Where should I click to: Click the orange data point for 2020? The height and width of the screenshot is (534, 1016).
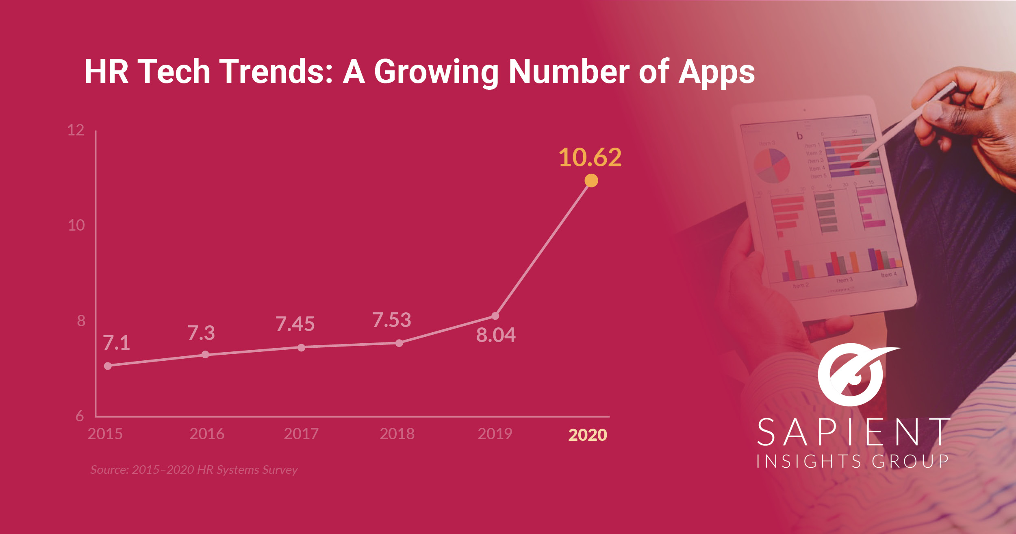[x=591, y=180]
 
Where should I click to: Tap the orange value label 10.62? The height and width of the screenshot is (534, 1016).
[x=590, y=157]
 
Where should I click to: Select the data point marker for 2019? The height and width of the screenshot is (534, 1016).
[x=495, y=316]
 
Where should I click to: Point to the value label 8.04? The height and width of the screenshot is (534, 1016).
[x=496, y=335]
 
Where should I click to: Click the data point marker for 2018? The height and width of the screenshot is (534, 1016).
[x=399, y=343]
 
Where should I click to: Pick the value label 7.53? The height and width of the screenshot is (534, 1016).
[x=392, y=320]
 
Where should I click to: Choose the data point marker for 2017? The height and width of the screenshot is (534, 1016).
[x=301, y=348]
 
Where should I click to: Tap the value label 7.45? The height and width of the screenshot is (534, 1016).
[x=295, y=324]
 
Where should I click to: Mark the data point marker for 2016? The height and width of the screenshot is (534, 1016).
[x=205, y=355]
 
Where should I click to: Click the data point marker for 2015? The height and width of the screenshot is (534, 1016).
[x=108, y=366]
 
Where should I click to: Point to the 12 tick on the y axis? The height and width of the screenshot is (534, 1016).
[x=76, y=131]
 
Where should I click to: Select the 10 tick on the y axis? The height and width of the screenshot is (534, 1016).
[x=76, y=225]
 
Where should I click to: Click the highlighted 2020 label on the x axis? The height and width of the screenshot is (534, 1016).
[x=588, y=435]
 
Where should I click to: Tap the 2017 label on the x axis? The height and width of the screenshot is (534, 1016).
[x=301, y=434]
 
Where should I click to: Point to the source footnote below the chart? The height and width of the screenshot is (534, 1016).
[x=194, y=470]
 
